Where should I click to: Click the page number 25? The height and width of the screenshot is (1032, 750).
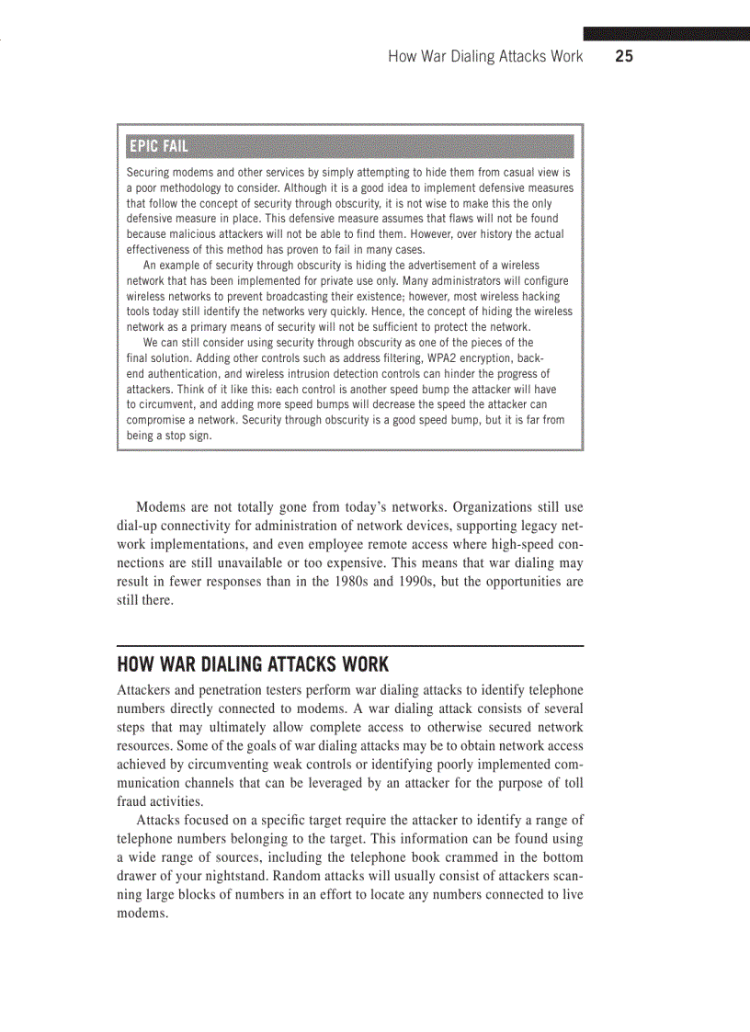pos(624,57)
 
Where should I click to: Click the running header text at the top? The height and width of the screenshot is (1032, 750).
pos(485,57)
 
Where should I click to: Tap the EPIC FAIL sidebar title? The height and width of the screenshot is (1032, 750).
pos(158,146)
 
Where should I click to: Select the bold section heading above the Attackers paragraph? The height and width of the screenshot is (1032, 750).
pos(253,663)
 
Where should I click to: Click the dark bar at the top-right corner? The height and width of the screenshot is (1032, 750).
pos(666,34)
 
